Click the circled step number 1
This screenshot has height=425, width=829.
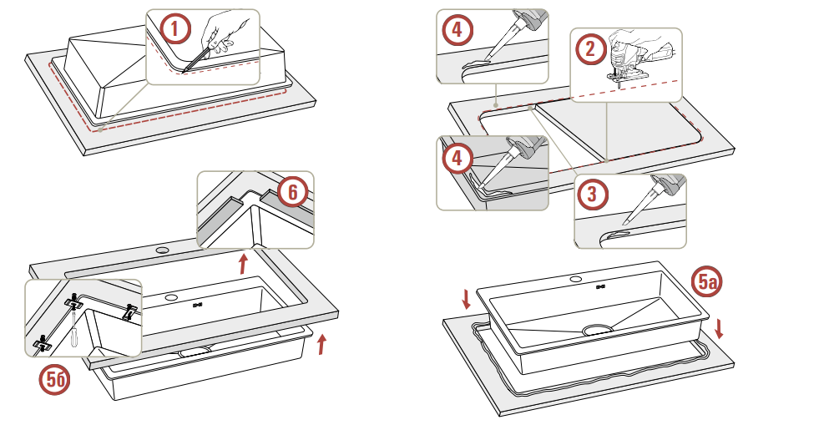[x=174, y=30]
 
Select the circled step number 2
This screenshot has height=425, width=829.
[x=590, y=49]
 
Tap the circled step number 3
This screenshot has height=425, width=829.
[x=592, y=195]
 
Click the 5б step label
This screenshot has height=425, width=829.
[x=56, y=381]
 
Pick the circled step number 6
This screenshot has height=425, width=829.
[x=291, y=192]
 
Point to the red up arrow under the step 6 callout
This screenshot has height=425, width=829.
[x=243, y=265]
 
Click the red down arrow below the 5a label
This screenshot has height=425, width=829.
[x=719, y=327]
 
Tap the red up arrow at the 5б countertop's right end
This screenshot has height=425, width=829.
[x=321, y=343]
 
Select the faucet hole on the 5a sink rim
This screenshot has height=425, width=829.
[x=576, y=277]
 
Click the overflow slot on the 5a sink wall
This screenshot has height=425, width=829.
[x=600, y=288]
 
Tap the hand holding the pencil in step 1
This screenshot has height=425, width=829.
[x=224, y=33]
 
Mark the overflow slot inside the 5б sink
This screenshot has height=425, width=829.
[x=198, y=306]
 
